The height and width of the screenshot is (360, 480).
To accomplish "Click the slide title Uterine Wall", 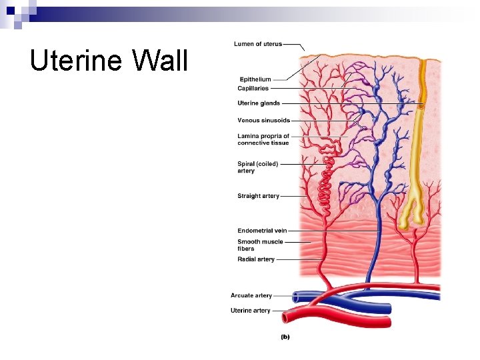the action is click(109, 61).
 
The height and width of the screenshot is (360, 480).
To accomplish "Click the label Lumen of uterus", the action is click(258, 44).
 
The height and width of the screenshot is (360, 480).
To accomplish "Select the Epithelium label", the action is click(254, 80).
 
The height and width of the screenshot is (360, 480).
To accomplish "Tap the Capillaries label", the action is click(253, 88).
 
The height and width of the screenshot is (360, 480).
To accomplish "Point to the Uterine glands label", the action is click(259, 103).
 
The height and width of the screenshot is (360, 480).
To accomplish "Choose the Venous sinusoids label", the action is click(263, 121).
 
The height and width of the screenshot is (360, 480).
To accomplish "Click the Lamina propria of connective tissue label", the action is click(263, 139).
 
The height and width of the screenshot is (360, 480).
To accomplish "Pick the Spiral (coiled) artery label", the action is click(257, 167).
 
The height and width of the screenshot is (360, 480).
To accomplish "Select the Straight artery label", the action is click(258, 196).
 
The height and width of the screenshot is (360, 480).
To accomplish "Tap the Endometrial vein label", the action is click(262, 231).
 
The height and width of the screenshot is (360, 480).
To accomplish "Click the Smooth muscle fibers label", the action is click(260, 245).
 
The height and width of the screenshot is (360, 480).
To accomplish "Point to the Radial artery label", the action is click(256, 259).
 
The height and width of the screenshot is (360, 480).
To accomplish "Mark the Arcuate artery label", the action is click(251, 295).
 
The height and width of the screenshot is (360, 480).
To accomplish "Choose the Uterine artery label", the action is click(251, 311).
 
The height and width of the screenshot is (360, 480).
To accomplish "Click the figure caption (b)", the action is click(285, 337).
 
